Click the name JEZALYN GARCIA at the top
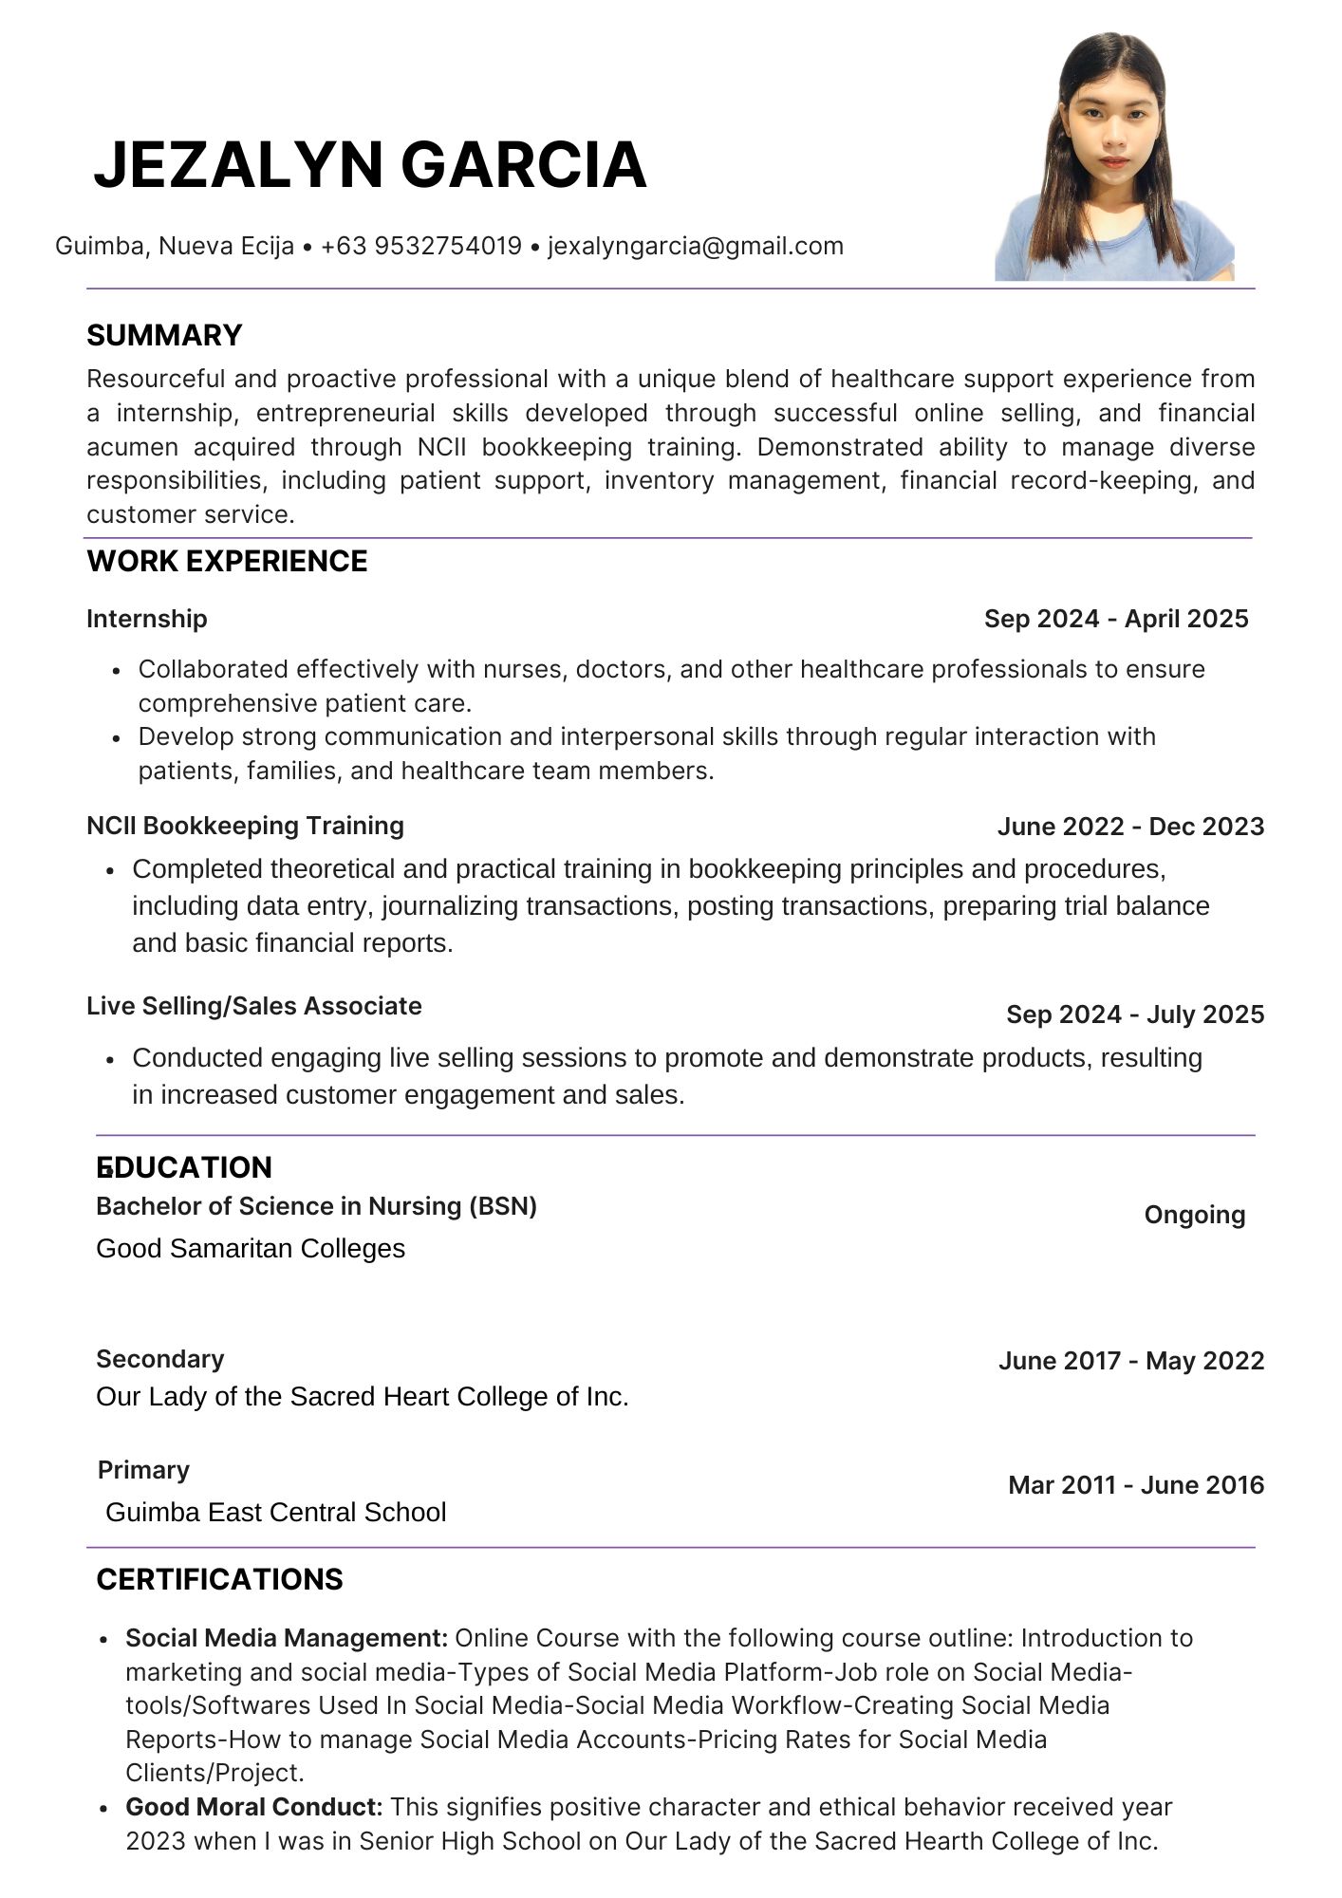[370, 165]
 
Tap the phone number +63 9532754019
[421, 247]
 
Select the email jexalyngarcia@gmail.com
[696, 247]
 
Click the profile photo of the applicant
[1114, 158]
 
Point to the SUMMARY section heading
[164, 336]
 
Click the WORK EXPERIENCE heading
[227, 562]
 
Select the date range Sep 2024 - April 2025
[1116, 619]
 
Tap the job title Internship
[146, 619]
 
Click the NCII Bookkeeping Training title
[245, 826]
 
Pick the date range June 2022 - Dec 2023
[1130, 827]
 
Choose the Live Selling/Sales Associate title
[253, 1006]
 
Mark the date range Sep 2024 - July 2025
[1135, 1014]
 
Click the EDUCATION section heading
[184, 1167]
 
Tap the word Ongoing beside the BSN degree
[1194, 1215]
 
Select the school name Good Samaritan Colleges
[251, 1249]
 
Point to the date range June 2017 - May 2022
[1131, 1361]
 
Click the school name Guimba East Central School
[275, 1512]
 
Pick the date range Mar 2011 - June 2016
[1136, 1485]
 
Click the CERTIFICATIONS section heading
[219, 1579]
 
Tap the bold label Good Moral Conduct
[253, 1807]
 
